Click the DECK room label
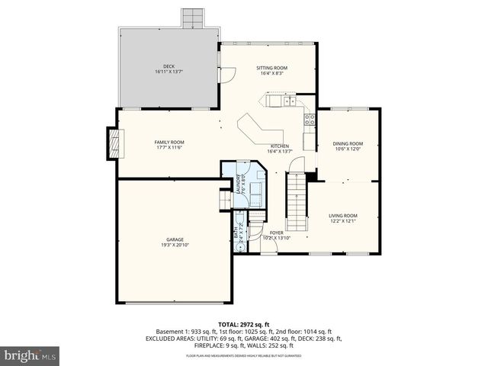click(169, 67)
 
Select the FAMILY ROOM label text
click(169, 142)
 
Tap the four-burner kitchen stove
click(310, 117)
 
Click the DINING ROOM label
click(347, 143)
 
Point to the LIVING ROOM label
click(342, 216)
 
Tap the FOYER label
click(276, 233)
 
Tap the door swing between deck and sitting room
click(226, 75)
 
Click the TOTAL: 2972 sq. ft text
click(244, 325)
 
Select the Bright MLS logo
click(30, 355)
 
